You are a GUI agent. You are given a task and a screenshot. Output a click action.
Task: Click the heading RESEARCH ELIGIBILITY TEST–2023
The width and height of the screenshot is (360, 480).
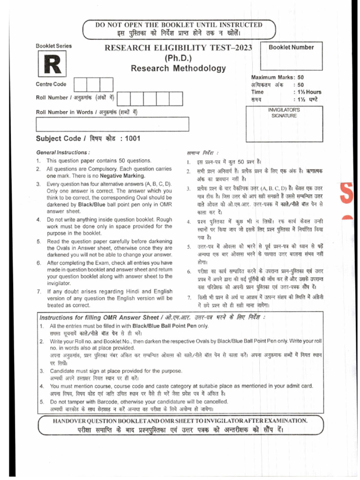tap(178, 48)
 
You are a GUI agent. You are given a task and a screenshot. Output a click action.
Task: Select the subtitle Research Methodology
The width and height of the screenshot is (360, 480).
tap(178, 68)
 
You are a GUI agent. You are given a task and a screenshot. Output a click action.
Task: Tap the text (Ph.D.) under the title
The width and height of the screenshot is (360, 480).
tap(178, 58)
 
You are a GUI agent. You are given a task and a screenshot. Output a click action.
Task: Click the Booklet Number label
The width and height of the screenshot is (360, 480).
tap(291, 47)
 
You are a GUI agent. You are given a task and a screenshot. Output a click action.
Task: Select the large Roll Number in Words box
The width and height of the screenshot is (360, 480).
tap(112, 124)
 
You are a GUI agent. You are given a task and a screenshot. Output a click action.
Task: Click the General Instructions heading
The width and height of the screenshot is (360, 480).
tap(63, 153)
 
